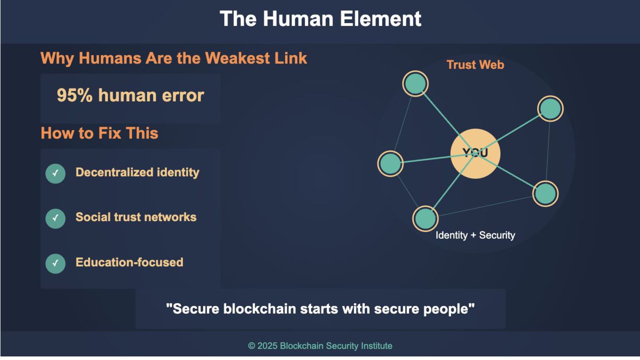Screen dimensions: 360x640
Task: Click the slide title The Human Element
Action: click(x=320, y=19)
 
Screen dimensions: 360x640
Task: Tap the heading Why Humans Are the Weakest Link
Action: click(x=174, y=58)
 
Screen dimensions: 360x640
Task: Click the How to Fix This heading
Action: click(x=100, y=133)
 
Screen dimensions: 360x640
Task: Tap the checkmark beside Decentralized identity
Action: click(x=56, y=173)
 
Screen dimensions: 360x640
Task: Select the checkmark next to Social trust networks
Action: click(x=56, y=218)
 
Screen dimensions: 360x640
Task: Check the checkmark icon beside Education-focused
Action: click(x=56, y=263)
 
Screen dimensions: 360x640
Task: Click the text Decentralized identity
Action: click(x=137, y=172)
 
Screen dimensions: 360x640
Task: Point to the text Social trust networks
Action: click(x=136, y=217)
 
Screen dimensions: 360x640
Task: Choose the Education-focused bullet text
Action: click(x=129, y=262)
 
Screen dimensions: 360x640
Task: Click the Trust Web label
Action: click(x=475, y=65)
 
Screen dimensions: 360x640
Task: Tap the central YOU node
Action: click(x=475, y=153)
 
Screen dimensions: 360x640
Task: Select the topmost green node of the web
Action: click(x=416, y=84)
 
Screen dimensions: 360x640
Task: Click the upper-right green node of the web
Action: click(x=550, y=108)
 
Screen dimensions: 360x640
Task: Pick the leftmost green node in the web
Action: click(x=390, y=163)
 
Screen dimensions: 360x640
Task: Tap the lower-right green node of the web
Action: click(x=545, y=193)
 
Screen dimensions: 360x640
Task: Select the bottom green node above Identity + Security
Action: click(x=425, y=218)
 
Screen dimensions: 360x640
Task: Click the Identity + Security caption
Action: click(x=475, y=235)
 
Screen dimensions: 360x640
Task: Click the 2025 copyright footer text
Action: click(x=320, y=346)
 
